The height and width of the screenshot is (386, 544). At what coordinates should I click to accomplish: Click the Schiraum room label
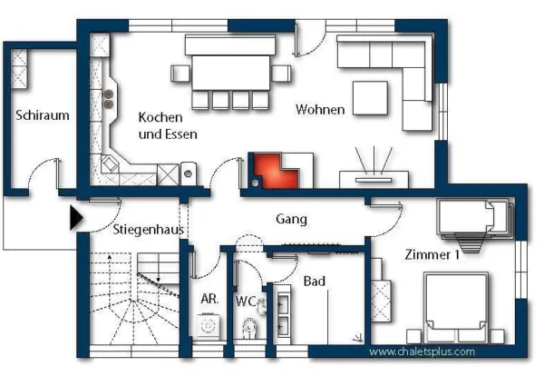[43, 115]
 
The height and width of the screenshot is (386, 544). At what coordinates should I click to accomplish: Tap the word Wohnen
[320, 109]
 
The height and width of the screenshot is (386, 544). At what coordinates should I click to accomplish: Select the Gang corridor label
[291, 219]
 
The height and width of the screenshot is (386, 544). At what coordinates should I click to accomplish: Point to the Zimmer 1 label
[432, 254]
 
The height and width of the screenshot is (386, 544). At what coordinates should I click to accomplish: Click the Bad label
[315, 281]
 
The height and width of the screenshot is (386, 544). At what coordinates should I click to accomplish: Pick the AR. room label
[209, 299]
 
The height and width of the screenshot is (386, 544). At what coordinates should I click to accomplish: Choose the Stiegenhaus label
[148, 229]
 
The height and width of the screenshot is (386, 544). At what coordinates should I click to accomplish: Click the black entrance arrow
[76, 218]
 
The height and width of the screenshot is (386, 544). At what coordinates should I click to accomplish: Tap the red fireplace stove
[277, 171]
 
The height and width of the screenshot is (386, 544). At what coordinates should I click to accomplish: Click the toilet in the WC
[249, 327]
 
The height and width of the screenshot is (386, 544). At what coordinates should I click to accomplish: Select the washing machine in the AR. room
[209, 326]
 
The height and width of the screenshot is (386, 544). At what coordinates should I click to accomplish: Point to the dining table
[230, 73]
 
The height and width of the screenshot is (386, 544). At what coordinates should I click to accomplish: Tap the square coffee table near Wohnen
[370, 98]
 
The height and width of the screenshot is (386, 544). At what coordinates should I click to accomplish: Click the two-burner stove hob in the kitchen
[109, 99]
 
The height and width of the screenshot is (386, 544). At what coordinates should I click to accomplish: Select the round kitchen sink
[188, 173]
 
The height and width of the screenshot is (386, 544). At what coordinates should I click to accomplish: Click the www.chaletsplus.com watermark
[422, 351]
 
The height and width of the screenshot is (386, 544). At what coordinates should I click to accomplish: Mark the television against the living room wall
[374, 180]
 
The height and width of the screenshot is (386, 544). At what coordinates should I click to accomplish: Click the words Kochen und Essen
[168, 125]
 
